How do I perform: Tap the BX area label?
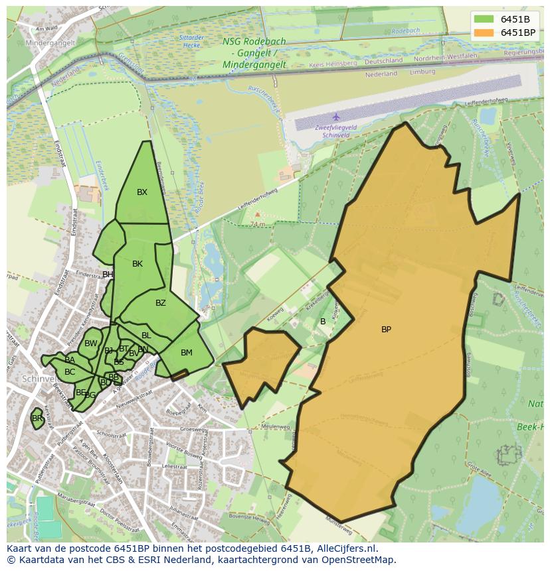click(142, 192)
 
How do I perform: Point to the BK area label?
click(137, 264)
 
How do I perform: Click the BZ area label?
click(161, 303)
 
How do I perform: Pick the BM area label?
click(187, 353)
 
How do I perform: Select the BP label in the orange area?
click(386, 330)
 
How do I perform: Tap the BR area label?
click(37, 418)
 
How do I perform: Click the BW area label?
click(91, 344)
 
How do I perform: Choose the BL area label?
click(146, 336)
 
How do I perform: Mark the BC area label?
click(70, 372)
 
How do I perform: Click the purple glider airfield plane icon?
click(336, 117)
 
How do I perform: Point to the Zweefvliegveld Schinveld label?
click(336, 131)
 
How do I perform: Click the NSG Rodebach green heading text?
click(254, 41)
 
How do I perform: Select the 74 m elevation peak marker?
click(257, 215)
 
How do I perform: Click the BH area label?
click(107, 275)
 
